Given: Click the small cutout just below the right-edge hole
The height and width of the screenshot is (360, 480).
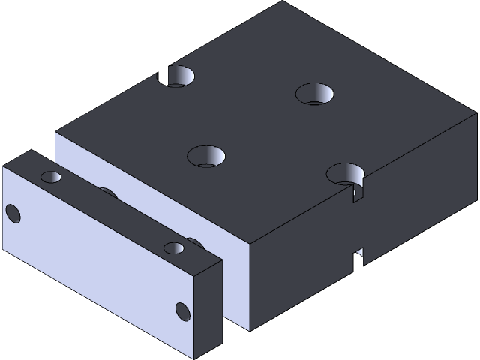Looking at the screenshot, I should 356,195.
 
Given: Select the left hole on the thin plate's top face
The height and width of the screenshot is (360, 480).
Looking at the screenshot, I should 51,177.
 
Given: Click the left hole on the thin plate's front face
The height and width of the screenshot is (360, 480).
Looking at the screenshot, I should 13,214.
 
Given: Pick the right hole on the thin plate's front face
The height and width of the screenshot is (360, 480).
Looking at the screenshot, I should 182,310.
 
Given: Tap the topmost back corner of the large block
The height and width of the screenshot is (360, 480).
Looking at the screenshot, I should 283,1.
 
